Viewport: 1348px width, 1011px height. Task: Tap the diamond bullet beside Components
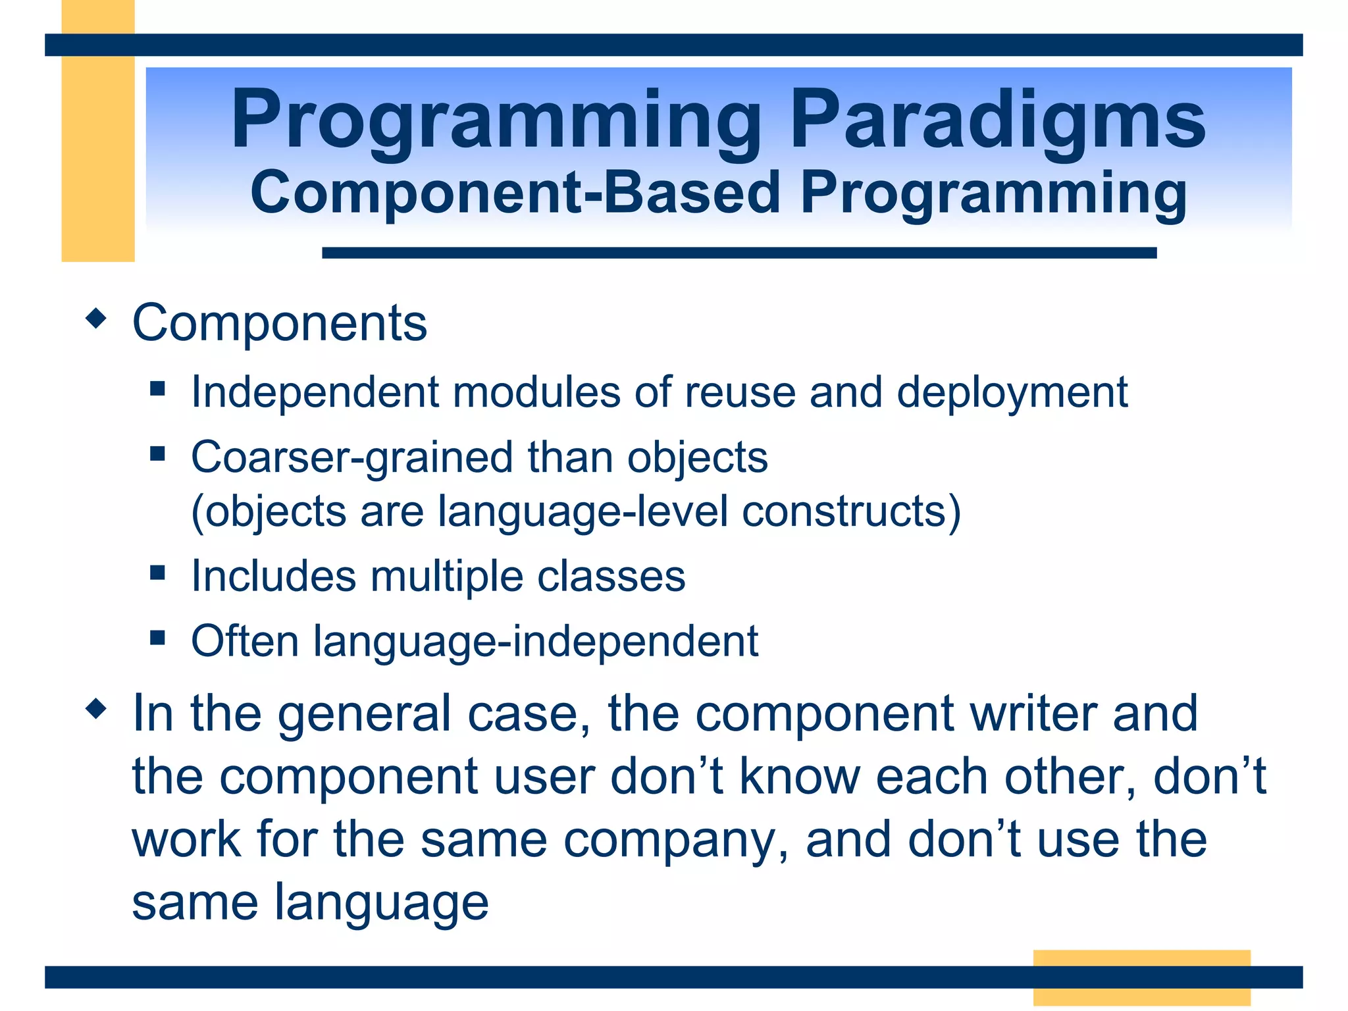[x=96, y=319]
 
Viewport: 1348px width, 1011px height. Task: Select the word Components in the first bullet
[x=280, y=323]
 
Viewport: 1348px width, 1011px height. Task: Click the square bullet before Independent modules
[x=157, y=388]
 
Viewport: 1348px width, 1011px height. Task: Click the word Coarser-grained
[x=351, y=457]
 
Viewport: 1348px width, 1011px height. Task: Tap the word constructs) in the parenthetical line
[x=851, y=511]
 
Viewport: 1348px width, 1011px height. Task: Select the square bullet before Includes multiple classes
[x=157, y=572]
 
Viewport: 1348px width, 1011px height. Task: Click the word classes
[x=611, y=577]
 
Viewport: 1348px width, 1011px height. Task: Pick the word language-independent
[x=535, y=642]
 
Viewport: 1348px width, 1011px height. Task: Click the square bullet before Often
[x=157, y=637]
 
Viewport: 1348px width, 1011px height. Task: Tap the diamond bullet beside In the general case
[x=96, y=709]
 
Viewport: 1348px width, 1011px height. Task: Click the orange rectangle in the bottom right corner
[x=1141, y=977]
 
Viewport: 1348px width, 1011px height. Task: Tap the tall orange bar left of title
[x=98, y=145]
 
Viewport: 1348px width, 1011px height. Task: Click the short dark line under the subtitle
[x=739, y=253]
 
